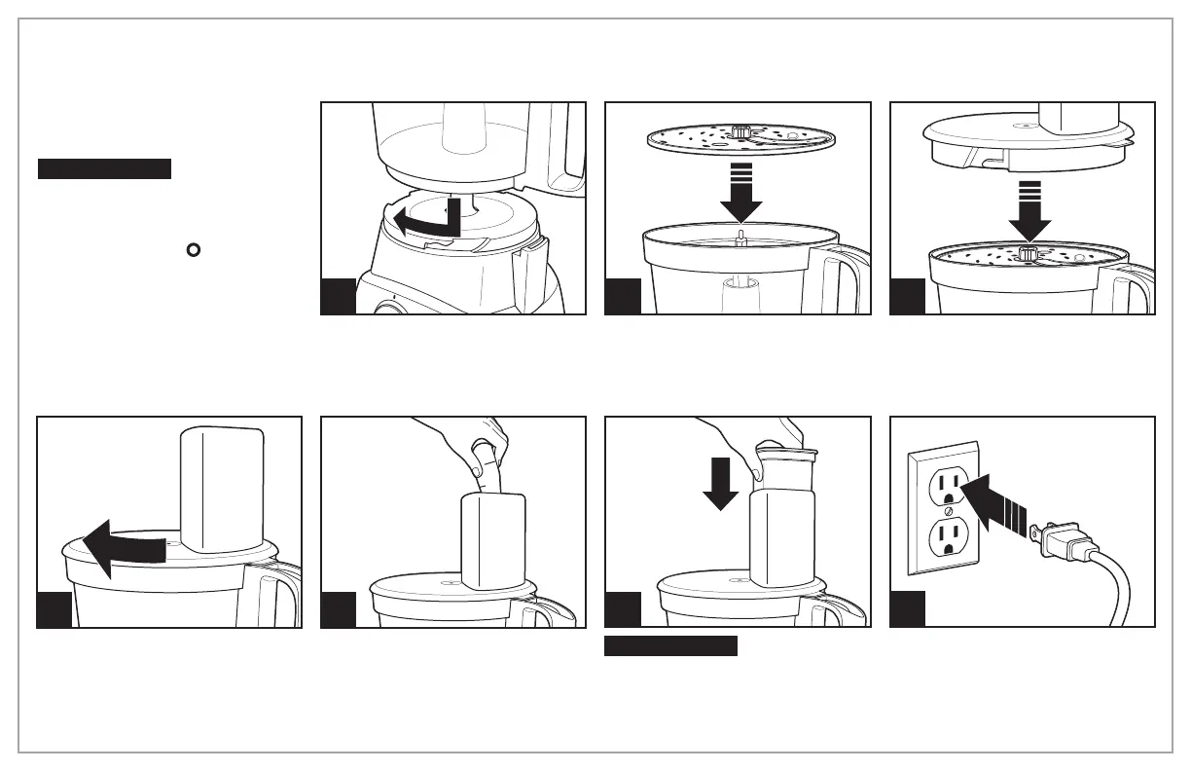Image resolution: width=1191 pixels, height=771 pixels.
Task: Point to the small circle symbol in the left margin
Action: [x=193, y=250]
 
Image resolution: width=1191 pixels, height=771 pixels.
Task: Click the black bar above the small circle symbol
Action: [x=104, y=169]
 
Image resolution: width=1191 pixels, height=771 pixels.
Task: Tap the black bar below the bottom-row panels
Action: [x=670, y=646]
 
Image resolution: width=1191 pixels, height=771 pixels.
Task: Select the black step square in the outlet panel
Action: [x=908, y=610]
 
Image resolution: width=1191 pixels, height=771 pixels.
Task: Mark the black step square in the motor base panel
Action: [x=338, y=297]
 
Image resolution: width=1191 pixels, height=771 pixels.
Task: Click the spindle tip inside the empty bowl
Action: [x=740, y=237]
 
